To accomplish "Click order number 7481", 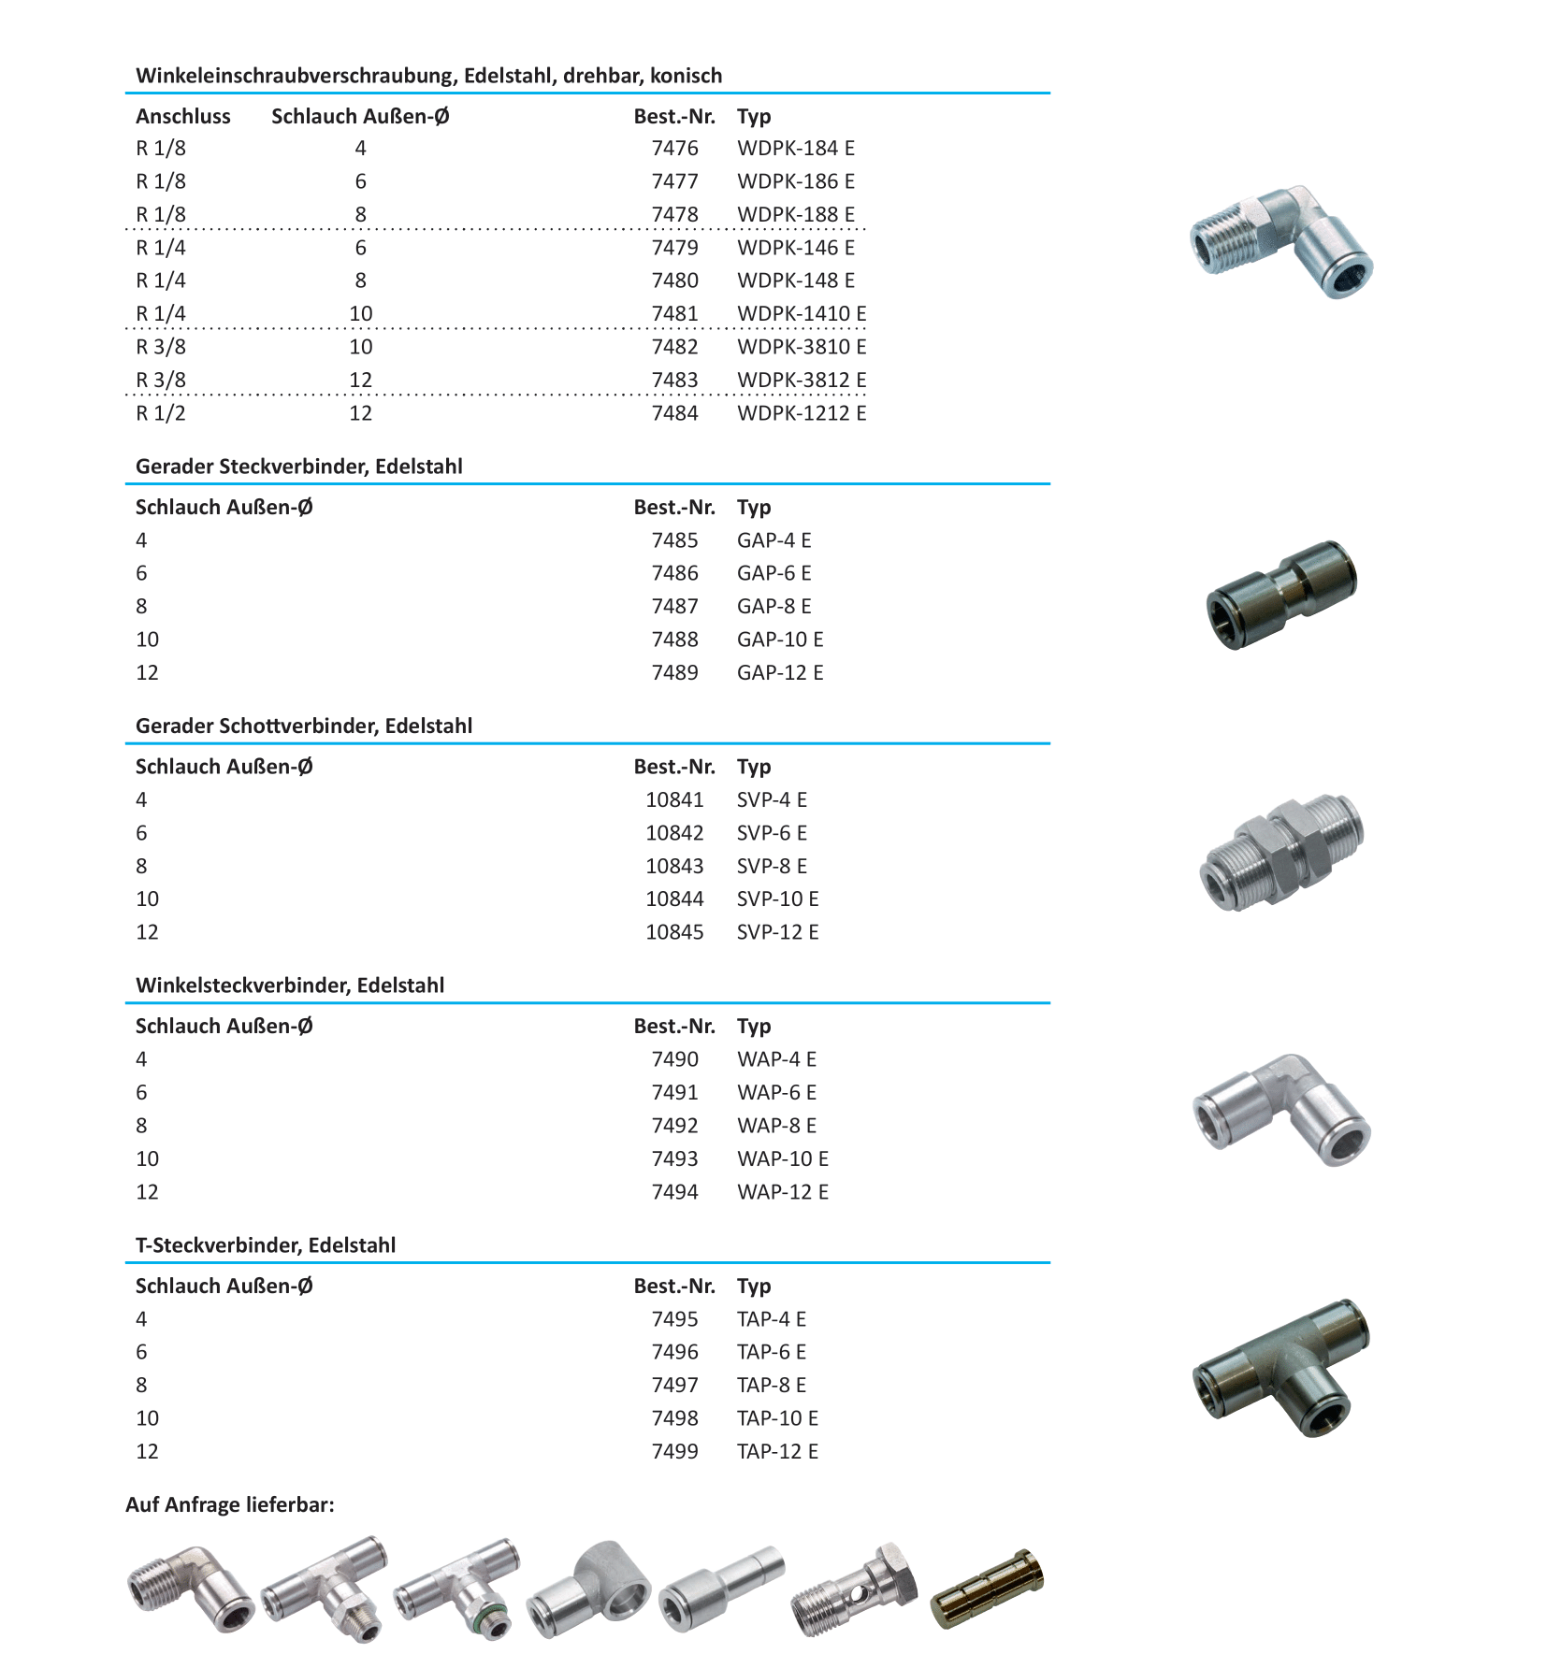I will click(674, 313).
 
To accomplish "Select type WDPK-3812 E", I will click(801, 380).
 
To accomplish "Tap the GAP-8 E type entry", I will click(773, 606).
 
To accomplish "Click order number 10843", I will click(674, 866).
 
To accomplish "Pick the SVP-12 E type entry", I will click(777, 932).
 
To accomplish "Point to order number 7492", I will click(674, 1126).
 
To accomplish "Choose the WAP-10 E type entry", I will click(782, 1158).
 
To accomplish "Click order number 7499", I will click(674, 1451).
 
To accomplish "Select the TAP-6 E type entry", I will click(771, 1352).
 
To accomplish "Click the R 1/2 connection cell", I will click(161, 413).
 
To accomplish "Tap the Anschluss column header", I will click(183, 116).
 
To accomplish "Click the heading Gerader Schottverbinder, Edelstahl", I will click(304, 726).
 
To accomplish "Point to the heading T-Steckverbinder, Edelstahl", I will click(266, 1244).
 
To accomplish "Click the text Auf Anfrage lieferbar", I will click(230, 1504).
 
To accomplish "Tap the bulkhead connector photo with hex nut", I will click(1280, 851).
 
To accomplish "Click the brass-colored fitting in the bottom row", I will click(988, 1589).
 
